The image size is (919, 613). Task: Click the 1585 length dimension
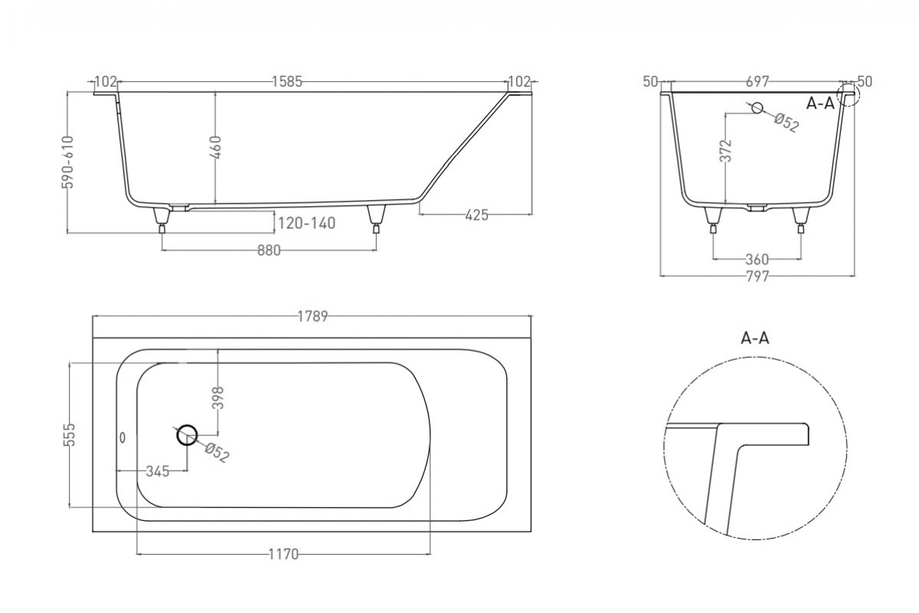tap(287, 82)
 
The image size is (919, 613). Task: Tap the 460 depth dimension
tap(216, 147)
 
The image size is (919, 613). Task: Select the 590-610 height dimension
tap(67, 162)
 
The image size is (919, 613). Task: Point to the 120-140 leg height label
tap(306, 223)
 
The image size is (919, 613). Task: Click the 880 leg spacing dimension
tap(269, 250)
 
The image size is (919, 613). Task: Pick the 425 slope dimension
tap(476, 215)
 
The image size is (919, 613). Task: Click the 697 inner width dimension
tap(757, 82)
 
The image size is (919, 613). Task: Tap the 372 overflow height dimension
tap(726, 151)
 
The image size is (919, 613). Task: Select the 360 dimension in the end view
tap(757, 260)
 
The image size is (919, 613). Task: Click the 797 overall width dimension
tap(757, 277)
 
